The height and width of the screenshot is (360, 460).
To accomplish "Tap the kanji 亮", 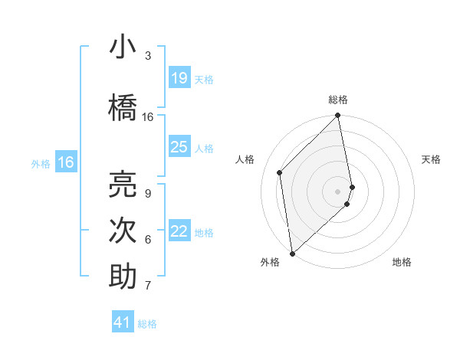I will point(123,184).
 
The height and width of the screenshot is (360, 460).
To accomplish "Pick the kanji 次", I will point(123,231).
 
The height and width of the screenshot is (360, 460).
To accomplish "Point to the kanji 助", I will point(123,277).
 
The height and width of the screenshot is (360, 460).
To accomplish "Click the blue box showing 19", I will point(179,78).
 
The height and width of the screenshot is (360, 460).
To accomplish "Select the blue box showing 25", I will point(179,147).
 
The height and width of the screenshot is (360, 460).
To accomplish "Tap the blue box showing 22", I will point(179,232).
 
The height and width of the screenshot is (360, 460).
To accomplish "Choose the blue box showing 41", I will point(123,322).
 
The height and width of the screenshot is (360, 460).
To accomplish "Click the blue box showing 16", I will point(65,162).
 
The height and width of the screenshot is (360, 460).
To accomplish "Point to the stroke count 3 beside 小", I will point(148,56).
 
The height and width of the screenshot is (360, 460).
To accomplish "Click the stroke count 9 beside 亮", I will point(147,194).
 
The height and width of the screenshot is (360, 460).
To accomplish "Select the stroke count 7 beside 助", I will point(147,286).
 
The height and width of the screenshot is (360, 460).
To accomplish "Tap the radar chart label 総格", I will point(338,100).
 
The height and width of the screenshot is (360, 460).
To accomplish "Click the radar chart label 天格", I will point(432,159).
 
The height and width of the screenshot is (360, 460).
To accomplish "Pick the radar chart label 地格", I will point(402,262).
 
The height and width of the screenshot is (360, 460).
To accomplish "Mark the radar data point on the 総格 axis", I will point(338,116).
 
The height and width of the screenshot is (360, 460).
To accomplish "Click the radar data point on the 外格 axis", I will point(292,253).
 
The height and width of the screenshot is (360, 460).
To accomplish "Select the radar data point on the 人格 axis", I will point(280,172).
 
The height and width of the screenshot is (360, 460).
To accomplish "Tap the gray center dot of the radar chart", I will point(338,191).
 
